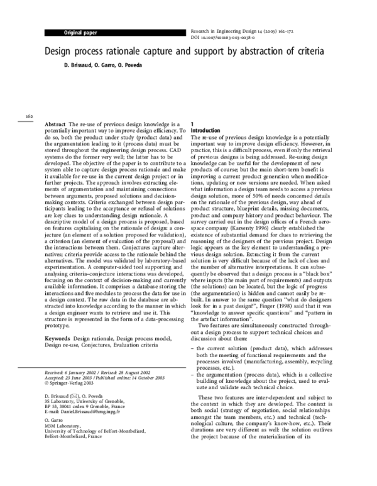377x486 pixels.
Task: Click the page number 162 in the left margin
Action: point(29,116)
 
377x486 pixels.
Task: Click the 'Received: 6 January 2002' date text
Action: point(70,372)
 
